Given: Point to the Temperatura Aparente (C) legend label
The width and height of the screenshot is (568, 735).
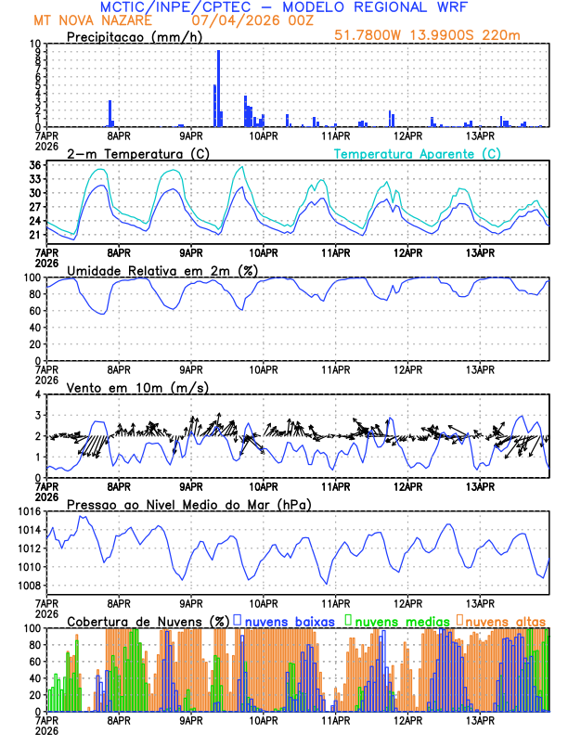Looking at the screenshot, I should click(x=417, y=153).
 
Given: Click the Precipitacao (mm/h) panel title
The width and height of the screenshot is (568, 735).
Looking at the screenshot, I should click(x=132, y=36).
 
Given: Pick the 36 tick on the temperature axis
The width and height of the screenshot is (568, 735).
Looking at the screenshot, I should click(x=34, y=165).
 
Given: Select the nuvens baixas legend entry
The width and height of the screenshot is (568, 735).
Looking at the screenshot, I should click(x=289, y=619).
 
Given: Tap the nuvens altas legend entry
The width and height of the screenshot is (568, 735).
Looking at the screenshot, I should click(x=500, y=619).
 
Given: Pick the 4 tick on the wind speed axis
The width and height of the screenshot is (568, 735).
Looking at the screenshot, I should click(x=38, y=394).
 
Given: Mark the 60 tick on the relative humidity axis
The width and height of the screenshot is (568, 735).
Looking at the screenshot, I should click(x=34, y=311).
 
